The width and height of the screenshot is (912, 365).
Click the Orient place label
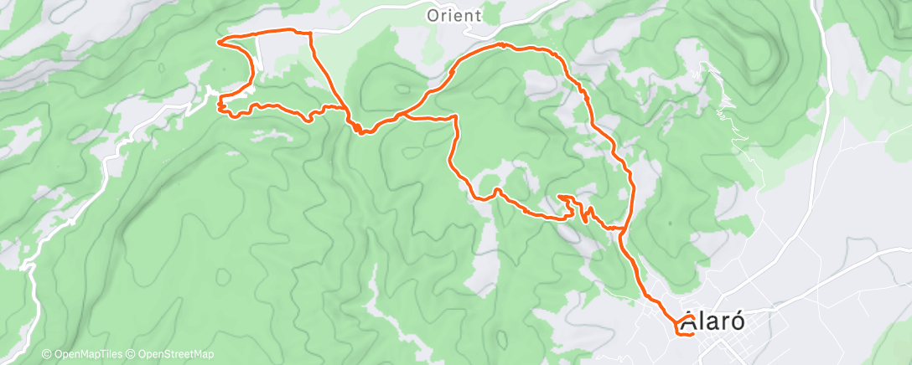[453, 15]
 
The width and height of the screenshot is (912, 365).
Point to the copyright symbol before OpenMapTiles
[46, 354]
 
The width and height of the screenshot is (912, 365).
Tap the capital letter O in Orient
[433, 15]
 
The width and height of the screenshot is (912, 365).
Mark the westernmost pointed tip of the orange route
[218, 40]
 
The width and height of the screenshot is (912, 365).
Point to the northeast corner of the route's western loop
[311, 33]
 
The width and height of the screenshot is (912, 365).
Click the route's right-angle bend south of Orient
[455, 116]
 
